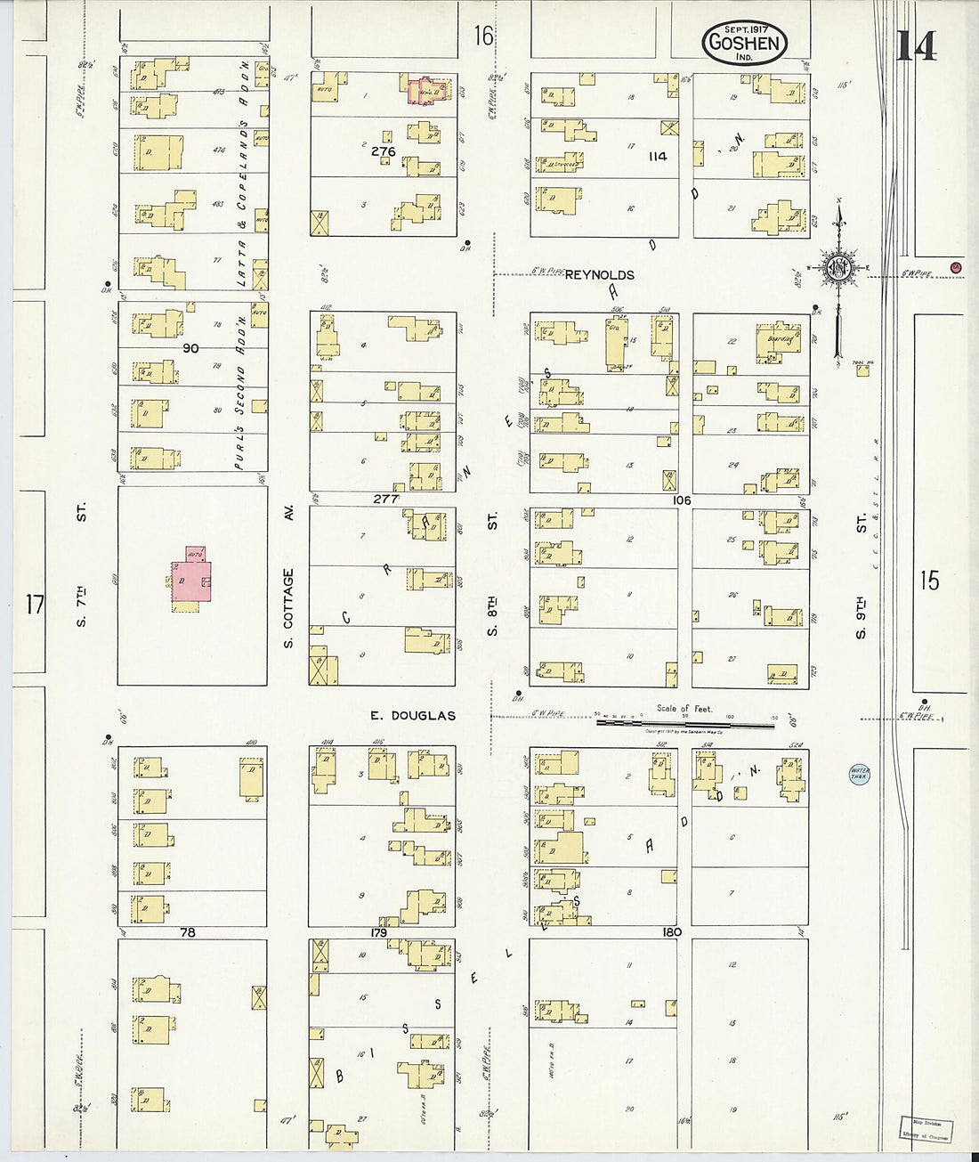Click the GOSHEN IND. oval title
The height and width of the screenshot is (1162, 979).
(744, 42)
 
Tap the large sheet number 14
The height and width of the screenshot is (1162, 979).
(916, 45)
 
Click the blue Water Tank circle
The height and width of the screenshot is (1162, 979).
(859, 774)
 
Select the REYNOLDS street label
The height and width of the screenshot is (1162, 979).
(599, 275)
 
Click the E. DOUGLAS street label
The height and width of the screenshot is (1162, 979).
(413, 715)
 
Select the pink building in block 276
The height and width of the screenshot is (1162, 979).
(425, 90)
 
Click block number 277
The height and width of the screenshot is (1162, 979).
(385, 500)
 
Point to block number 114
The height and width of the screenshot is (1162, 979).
(657, 157)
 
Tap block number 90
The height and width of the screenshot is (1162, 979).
(190, 348)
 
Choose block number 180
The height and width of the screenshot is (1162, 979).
(671, 932)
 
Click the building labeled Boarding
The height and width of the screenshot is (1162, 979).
(778, 342)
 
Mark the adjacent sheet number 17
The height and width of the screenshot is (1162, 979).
(34, 606)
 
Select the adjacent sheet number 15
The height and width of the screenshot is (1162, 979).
(929, 581)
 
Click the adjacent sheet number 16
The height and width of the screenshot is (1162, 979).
(482, 37)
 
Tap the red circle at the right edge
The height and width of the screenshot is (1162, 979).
(955, 267)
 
